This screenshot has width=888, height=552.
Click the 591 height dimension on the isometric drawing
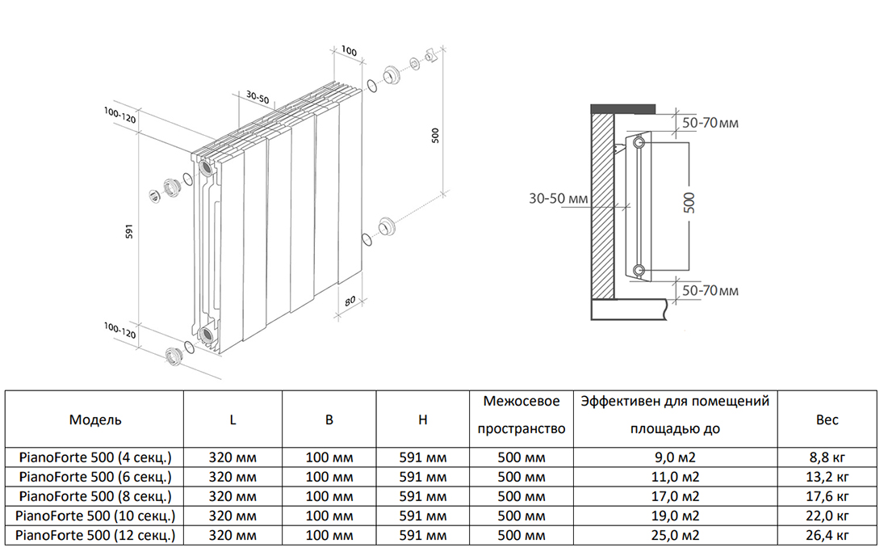tap(129, 231)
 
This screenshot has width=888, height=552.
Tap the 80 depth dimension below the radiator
tap(350, 301)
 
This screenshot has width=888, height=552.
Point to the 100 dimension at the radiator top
tap(349, 51)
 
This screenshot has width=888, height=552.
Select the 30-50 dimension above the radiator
tap(258, 98)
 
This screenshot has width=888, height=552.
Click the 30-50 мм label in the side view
tap(559, 198)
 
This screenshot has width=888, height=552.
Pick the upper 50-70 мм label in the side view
tap(710, 122)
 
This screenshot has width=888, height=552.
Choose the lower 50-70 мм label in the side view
tap(710, 291)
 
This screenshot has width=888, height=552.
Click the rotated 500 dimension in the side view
tap(689, 203)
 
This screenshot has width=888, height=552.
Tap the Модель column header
tap(95, 419)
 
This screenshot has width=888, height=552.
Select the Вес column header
tap(827, 419)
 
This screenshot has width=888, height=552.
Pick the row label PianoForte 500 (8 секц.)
tap(95, 496)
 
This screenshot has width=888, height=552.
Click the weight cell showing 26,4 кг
tap(827, 535)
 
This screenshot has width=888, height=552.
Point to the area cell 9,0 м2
tap(675, 457)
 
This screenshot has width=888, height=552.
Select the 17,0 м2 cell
tap(675, 496)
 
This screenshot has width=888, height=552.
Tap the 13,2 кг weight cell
tap(827, 477)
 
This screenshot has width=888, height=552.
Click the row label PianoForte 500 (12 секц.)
tap(95, 535)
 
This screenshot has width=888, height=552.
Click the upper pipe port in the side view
tap(639, 141)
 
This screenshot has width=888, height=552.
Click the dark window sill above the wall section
tap(623, 109)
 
